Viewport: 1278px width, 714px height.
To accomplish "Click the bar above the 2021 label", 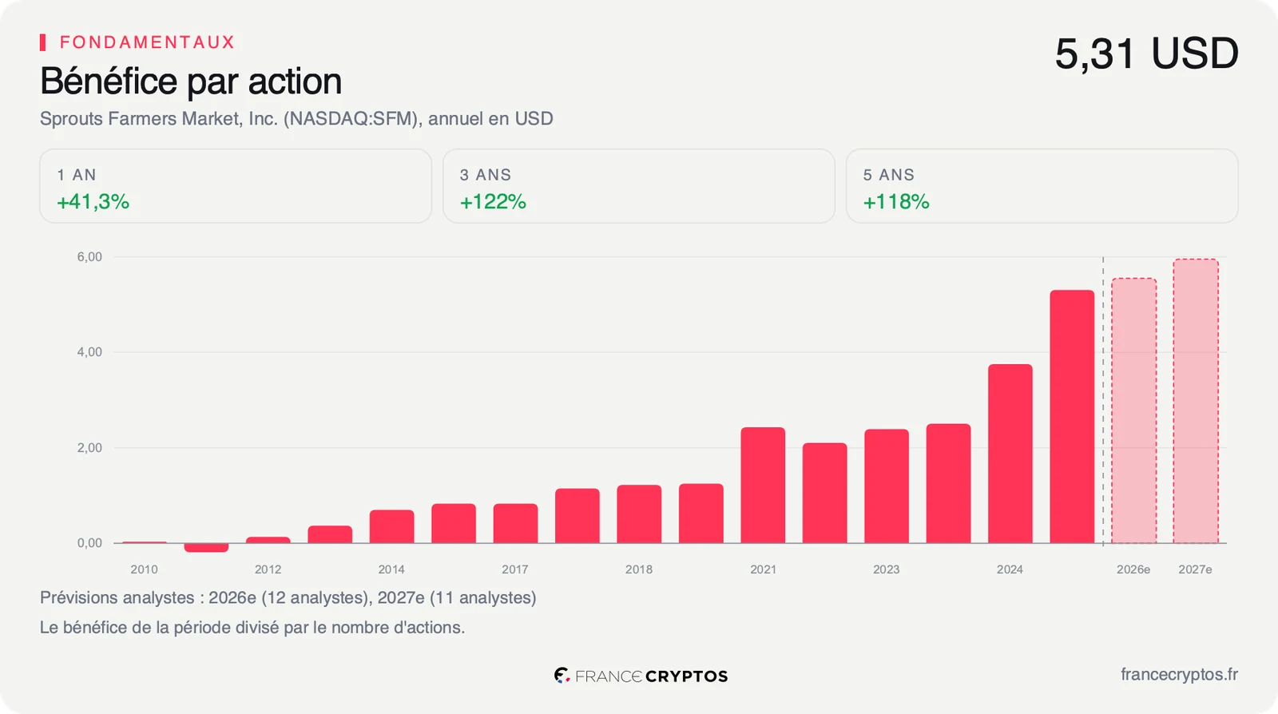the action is click(763, 486).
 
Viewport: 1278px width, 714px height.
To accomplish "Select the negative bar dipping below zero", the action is click(206, 547).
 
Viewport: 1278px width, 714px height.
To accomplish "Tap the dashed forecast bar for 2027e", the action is click(1195, 401).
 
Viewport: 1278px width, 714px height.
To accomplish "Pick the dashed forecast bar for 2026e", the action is click(1133, 411).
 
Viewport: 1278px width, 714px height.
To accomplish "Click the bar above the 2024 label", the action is click(1010, 454).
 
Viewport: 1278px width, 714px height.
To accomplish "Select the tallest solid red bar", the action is click(1072, 417).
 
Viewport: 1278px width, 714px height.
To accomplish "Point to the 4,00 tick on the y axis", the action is click(89, 352).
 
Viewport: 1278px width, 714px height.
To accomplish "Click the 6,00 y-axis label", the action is click(89, 256).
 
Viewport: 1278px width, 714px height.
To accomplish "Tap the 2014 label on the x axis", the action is click(391, 569).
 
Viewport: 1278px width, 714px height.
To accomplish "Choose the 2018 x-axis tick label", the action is click(638, 569).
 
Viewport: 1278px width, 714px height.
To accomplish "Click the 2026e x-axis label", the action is click(1133, 569).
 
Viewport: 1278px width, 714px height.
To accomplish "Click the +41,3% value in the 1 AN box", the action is click(93, 202).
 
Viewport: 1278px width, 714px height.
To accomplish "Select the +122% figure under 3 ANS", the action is click(493, 202).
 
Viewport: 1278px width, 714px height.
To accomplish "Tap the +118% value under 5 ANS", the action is click(895, 202).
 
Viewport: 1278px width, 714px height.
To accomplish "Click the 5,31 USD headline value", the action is click(1146, 54).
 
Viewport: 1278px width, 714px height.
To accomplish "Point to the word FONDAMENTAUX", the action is click(147, 42).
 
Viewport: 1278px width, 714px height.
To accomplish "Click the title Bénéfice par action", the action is click(191, 81).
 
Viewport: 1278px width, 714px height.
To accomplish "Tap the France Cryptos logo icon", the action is click(562, 675).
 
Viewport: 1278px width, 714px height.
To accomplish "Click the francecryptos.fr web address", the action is click(1179, 675).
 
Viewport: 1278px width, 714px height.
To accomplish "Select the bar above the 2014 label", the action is click(391, 526).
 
